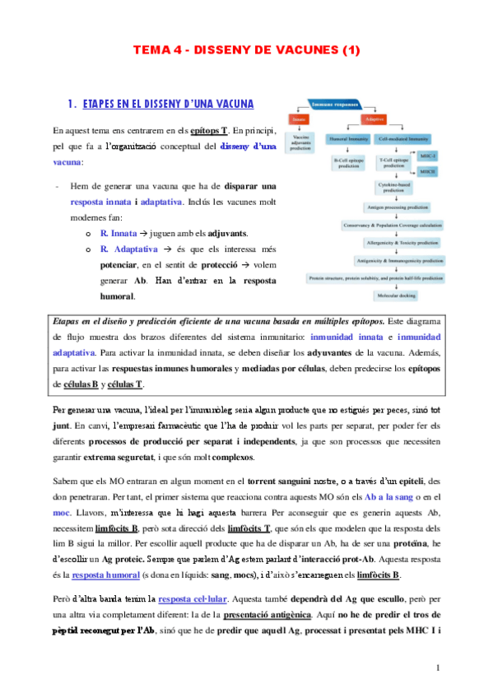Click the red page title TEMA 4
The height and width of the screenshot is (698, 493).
[246, 51]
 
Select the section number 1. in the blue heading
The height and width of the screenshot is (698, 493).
[71, 105]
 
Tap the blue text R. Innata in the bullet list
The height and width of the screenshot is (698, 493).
[119, 233]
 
